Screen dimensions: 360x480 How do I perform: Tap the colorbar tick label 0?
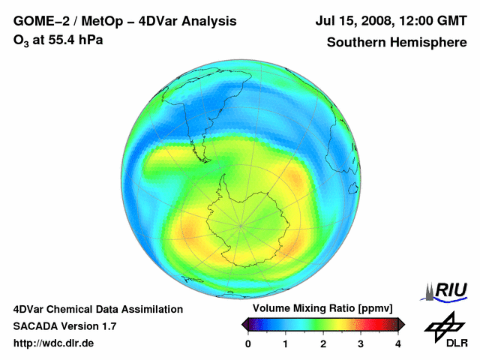click(248, 343)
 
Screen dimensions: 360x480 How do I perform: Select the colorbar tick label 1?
click(286, 343)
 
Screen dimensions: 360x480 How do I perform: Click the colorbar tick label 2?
click(323, 343)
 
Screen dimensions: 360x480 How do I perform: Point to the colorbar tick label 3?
click(361, 343)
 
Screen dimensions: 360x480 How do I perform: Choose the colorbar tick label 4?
click(398, 343)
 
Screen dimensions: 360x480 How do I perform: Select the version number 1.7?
click(107, 326)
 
